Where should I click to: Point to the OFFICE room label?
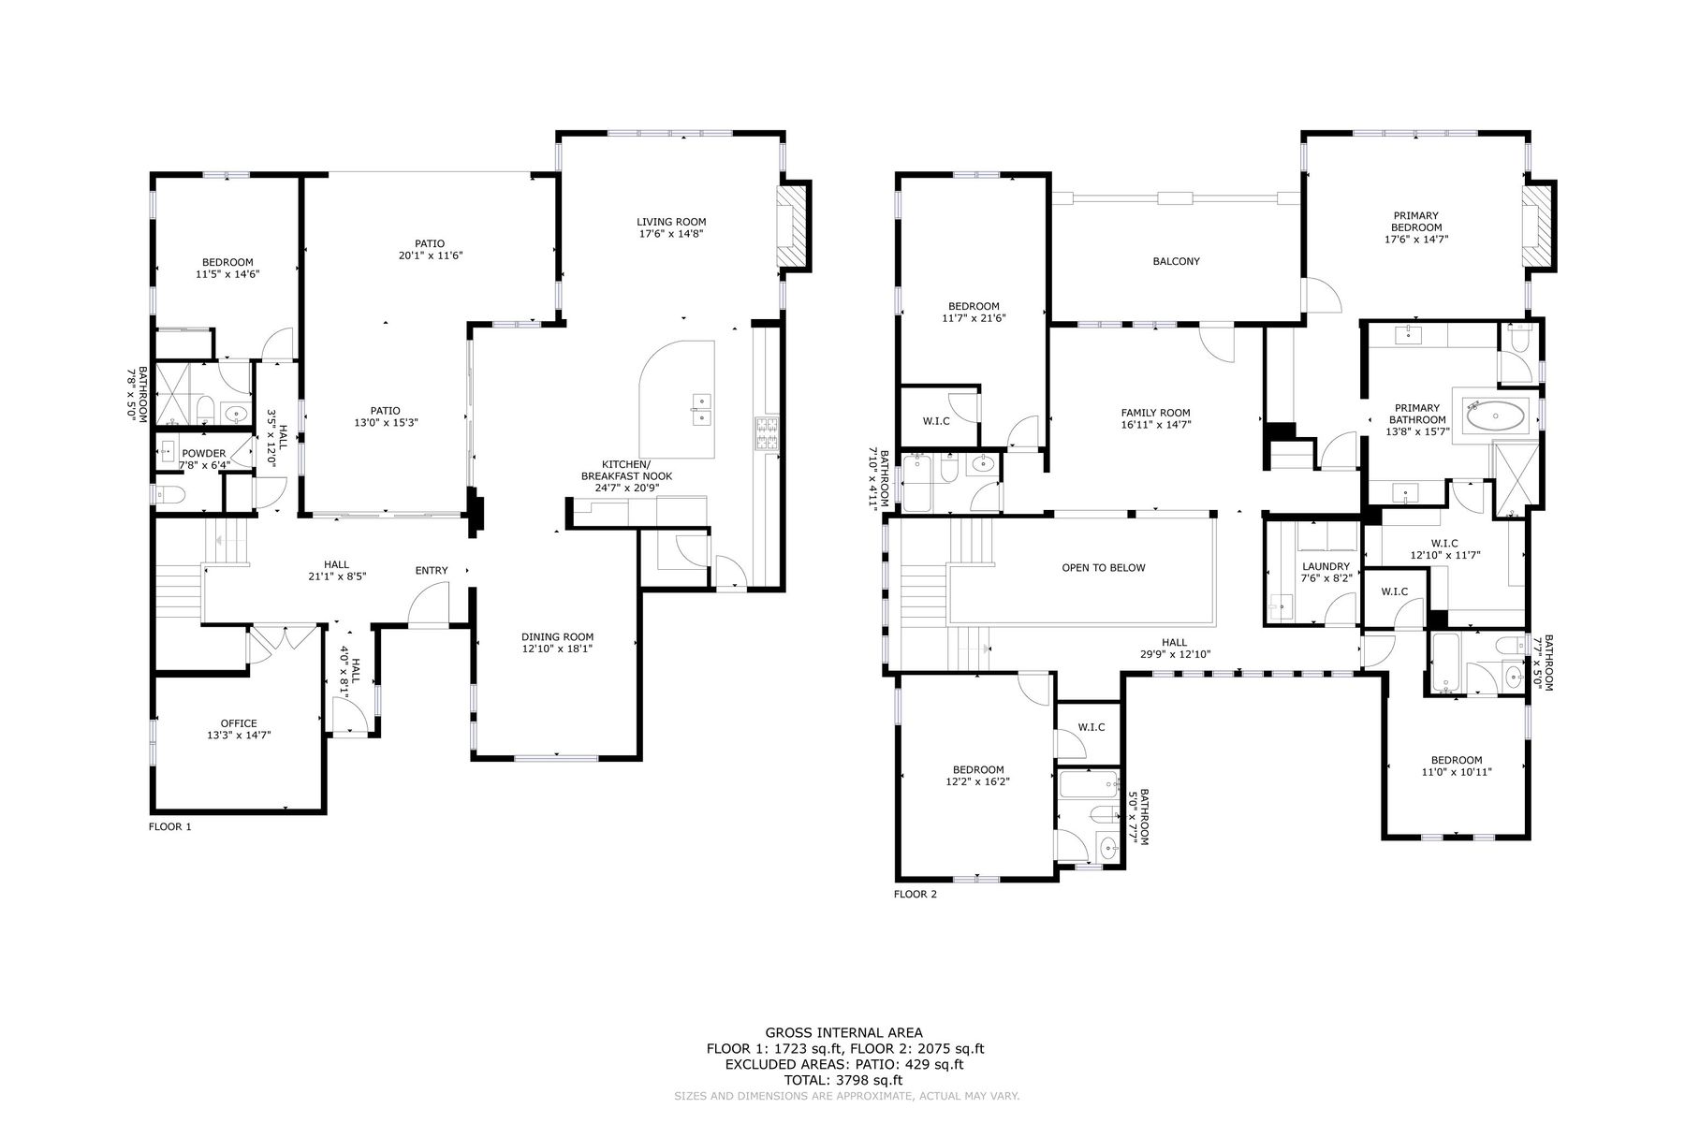[239, 729]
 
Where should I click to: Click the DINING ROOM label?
[558, 642]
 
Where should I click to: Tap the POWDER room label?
[204, 459]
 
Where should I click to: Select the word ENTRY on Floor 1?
[432, 570]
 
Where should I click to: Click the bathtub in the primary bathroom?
[1496, 415]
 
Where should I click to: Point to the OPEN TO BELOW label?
[1103, 568]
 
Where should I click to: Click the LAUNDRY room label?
[1326, 572]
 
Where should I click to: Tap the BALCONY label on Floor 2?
[1176, 262]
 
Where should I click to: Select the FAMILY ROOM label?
[1155, 418]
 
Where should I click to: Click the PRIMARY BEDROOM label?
[1416, 227]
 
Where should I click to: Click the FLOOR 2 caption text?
[915, 894]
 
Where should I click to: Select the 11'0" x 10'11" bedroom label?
[1456, 766]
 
